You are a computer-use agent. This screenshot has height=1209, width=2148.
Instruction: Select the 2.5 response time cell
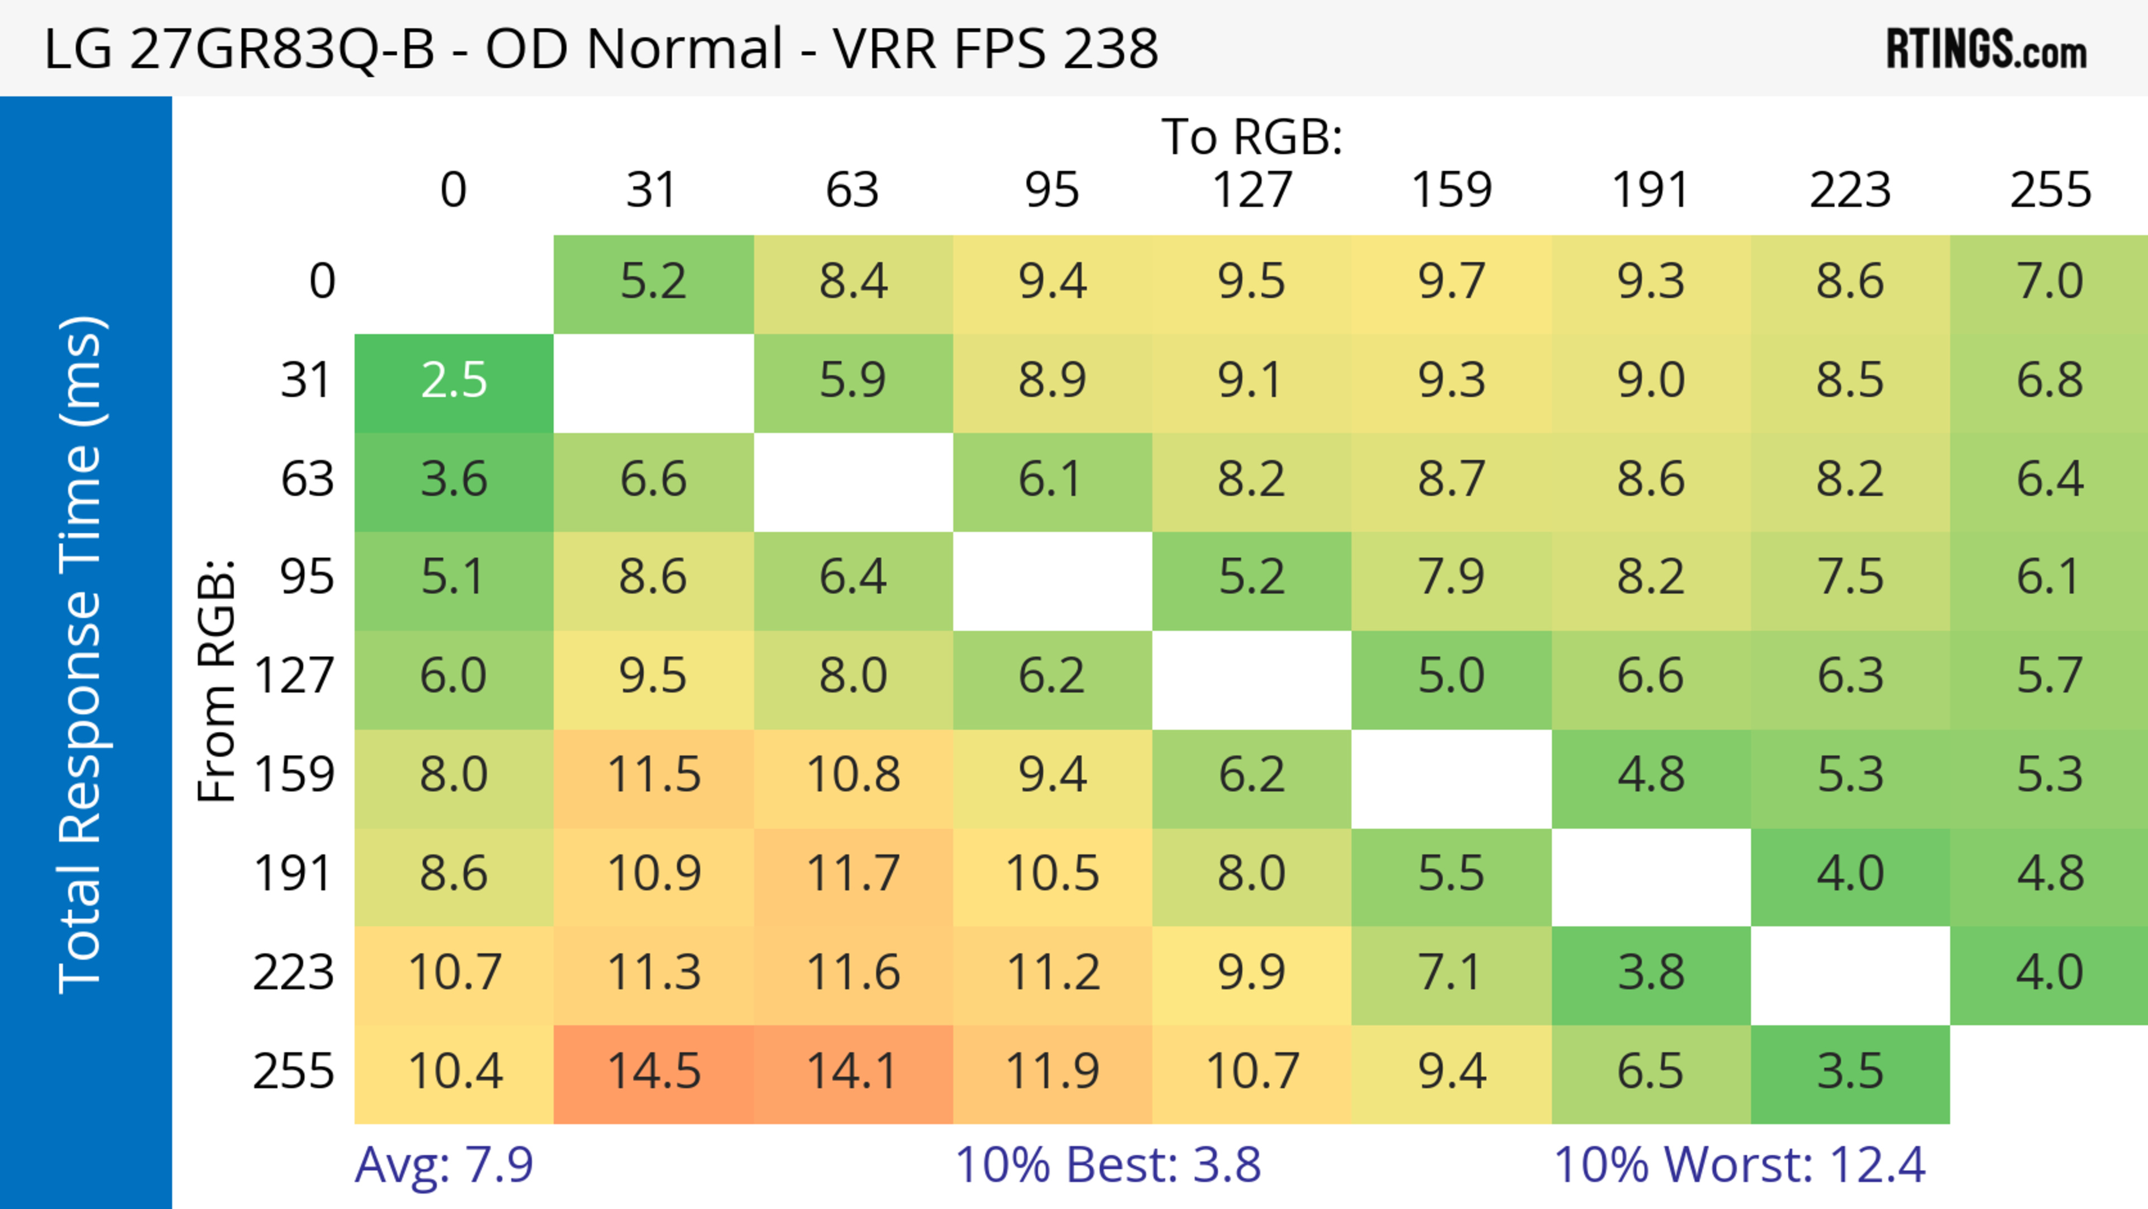[454, 381]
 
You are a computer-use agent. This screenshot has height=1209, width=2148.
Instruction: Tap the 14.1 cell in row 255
[852, 1071]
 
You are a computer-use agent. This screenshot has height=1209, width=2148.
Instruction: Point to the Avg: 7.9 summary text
[444, 1165]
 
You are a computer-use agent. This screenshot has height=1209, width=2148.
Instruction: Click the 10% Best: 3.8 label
[1108, 1165]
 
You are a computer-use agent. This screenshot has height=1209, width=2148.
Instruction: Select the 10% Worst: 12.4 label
[1740, 1165]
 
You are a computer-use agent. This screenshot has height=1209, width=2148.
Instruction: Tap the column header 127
[1252, 190]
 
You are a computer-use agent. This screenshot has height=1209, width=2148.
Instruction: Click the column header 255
[2050, 190]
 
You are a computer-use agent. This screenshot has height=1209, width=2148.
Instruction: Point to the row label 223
[294, 972]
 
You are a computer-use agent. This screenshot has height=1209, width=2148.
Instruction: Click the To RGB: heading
[1252, 137]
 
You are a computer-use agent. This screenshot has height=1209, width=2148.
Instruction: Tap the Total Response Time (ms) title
[82, 655]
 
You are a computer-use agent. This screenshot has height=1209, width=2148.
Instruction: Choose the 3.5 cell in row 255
[1849, 1071]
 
